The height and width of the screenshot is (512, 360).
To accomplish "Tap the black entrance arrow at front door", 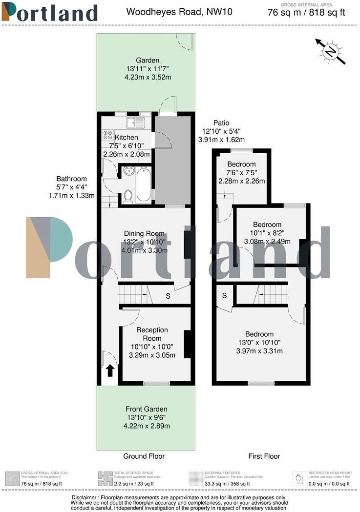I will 110,371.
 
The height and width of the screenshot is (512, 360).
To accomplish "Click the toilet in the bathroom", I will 128,196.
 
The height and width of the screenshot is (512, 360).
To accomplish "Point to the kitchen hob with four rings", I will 107,135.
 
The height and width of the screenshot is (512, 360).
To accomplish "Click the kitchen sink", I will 132,123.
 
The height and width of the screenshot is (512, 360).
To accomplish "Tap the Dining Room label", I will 144,233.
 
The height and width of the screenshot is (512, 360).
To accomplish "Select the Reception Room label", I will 152,334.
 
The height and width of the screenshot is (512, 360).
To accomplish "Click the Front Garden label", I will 146,409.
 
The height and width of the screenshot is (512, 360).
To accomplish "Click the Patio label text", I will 221,123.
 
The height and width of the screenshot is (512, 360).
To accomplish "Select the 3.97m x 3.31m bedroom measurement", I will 259,351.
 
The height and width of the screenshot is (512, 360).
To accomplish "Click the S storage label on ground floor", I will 168,295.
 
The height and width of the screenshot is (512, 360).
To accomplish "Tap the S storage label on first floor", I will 225,295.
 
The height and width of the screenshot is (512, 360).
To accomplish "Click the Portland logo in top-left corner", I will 49,12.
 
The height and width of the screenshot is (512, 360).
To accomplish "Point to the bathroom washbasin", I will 129,172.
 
